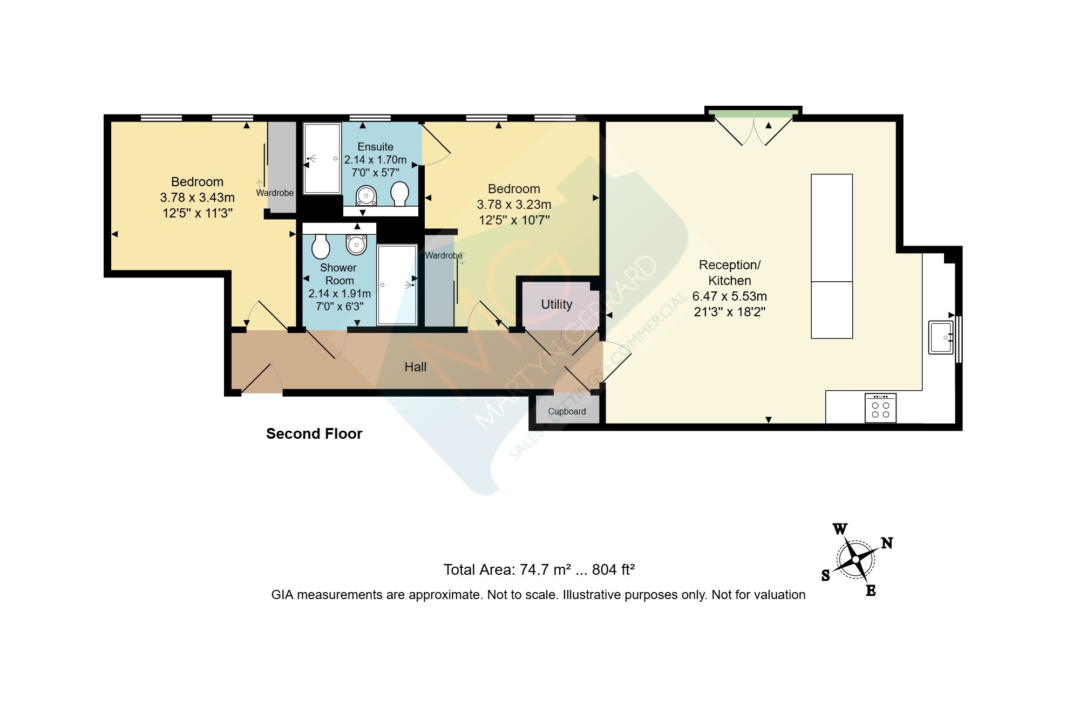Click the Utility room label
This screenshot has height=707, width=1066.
click(x=556, y=304)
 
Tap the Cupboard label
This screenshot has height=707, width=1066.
click(x=567, y=411)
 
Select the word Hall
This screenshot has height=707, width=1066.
click(x=416, y=367)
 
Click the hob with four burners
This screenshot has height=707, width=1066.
click(x=880, y=407)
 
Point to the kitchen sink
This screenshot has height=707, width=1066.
click(x=941, y=337)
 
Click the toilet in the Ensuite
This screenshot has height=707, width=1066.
click(x=400, y=194)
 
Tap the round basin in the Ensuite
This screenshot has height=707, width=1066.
click(x=366, y=195)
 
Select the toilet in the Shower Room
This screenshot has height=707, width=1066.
click(x=321, y=246)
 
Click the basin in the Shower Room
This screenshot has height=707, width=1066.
click(x=356, y=244)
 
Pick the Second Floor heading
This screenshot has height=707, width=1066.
click(x=314, y=434)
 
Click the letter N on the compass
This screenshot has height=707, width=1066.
click(x=886, y=543)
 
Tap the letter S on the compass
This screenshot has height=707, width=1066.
click(x=826, y=575)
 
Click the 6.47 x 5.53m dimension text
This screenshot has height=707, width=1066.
click(x=730, y=296)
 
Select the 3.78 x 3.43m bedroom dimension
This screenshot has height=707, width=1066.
click(x=198, y=198)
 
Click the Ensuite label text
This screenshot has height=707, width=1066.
click(x=376, y=147)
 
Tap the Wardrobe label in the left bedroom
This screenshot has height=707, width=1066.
click(x=275, y=193)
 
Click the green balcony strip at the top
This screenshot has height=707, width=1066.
click(x=753, y=113)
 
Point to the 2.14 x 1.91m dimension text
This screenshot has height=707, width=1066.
click(x=340, y=294)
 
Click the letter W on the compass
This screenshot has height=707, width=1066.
click(x=840, y=529)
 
